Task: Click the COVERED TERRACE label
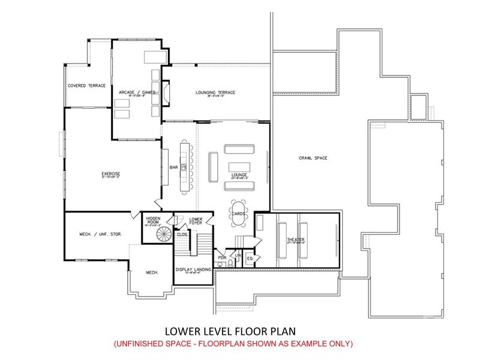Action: [86, 86]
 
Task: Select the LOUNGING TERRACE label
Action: [215, 92]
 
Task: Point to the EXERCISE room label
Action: [110, 174]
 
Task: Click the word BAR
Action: [173, 167]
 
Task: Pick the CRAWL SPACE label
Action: [312, 158]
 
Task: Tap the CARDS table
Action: [237, 212]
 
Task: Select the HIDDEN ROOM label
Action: [152, 220]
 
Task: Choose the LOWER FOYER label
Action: [196, 221]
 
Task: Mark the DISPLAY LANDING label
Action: [193, 270]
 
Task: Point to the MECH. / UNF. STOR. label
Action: [101, 234]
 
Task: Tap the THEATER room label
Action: [295, 240]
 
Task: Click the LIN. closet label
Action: [238, 256]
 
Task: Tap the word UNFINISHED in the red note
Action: [139, 344]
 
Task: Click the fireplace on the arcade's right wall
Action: [166, 92]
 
